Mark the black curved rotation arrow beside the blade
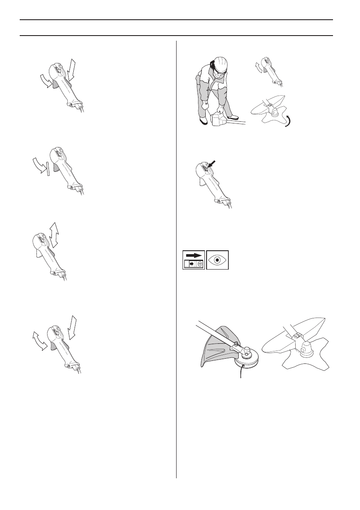click(290, 121)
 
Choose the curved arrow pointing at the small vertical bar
click(39, 164)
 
